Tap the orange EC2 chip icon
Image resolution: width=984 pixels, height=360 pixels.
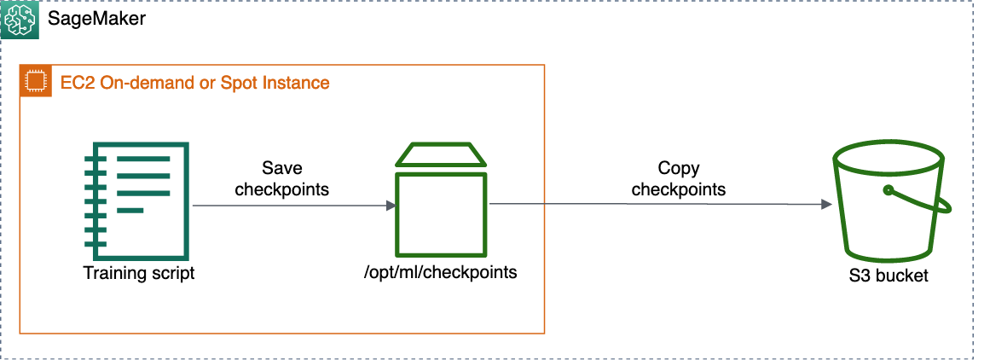click(35, 82)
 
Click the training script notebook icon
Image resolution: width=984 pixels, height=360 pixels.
click(137, 201)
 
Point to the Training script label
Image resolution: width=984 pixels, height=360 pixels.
click(139, 273)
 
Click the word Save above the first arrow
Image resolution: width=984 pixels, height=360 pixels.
click(281, 168)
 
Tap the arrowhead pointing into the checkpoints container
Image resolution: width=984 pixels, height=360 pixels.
click(391, 206)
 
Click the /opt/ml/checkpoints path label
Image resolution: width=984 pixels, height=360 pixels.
click(440, 273)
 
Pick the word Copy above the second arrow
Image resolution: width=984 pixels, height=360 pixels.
click(678, 168)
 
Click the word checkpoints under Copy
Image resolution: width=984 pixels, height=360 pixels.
click(678, 189)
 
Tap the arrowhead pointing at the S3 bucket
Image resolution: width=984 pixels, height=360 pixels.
click(825, 205)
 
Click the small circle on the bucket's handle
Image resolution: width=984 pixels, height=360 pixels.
click(888, 189)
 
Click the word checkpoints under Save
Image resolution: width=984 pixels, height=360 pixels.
click(281, 189)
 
